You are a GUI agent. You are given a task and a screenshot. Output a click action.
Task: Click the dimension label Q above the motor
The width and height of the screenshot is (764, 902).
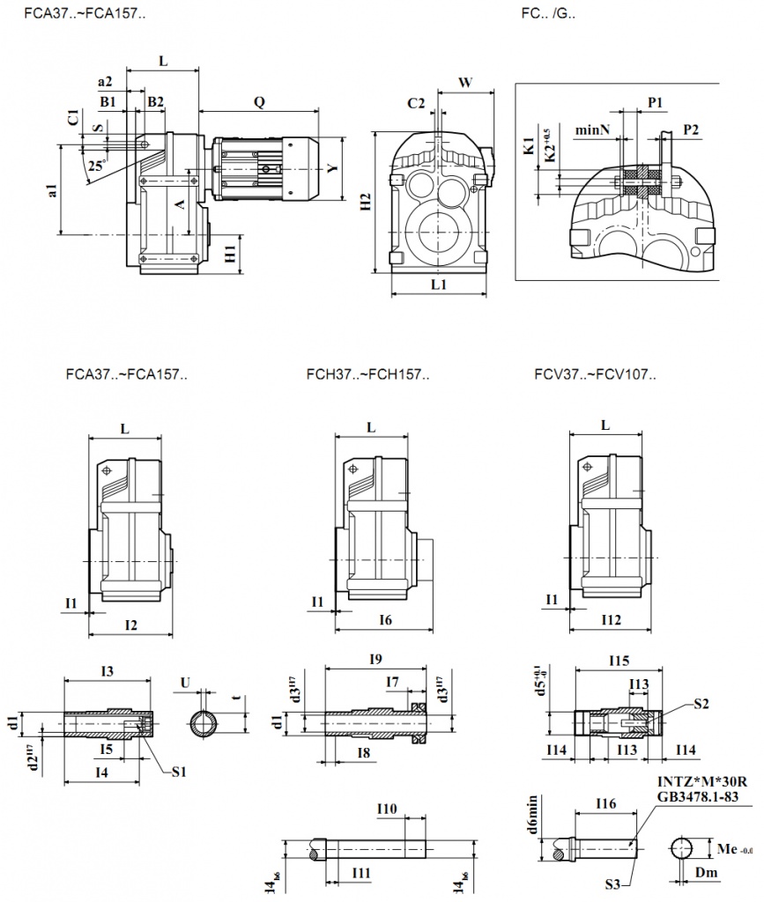pyautogui.click(x=259, y=101)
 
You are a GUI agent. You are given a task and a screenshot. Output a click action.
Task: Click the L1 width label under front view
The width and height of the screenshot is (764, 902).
pyautogui.click(x=439, y=285)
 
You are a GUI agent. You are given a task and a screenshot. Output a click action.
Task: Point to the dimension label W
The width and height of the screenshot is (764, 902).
pyautogui.click(x=466, y=82)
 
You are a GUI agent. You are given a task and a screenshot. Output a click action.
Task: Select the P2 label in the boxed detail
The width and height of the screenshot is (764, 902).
pyautogui.click(x=691, y=129)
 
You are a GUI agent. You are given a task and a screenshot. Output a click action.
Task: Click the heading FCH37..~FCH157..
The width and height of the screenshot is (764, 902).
pyautogui.click(x=367, y=374)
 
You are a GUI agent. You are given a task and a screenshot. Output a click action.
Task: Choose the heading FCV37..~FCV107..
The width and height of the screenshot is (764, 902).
pyautogui.click(x=595, y=374)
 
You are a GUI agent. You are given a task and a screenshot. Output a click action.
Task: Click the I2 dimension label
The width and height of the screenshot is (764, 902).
pyautogui.click(x=130, y=625)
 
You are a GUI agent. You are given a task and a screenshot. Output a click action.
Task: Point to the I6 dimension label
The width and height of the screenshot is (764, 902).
pyautogui.click(x=385, y=621)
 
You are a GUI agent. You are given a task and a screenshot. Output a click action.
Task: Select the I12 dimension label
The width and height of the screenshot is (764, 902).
pyautogui.click(x=611, y=620)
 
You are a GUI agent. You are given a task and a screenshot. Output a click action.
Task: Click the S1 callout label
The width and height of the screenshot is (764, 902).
pyautogui.click(x=180, y=772)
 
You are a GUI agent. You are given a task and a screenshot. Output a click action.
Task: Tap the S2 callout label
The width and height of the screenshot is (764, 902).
pyautogui.click(x=701, y=703)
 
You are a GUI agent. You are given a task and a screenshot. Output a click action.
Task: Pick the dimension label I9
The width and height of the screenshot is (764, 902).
pyautogui.click(x=375, y=658)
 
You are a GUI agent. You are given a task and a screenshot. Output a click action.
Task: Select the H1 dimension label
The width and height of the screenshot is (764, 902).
pyautogui.click(x=230, y=255)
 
